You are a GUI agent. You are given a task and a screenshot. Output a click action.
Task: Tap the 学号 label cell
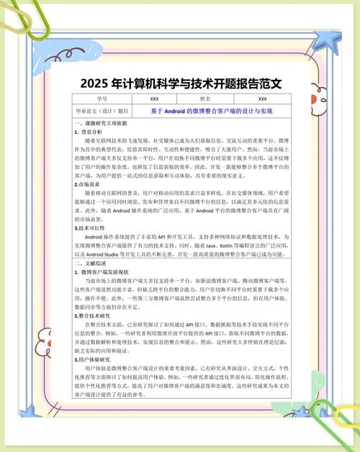(101, 99)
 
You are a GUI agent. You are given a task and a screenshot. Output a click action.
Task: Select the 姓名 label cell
(205, 99)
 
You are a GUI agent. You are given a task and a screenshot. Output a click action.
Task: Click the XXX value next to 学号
(154, 99)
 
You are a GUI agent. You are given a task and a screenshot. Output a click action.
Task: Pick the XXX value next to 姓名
(262, 99)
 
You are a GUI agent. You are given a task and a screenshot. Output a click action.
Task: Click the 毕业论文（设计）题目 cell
(102, 112)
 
